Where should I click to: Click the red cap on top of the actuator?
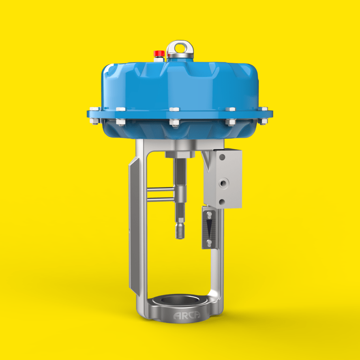[159, 53]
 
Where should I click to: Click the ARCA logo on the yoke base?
[186, 315]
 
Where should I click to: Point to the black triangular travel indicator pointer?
[209, 228]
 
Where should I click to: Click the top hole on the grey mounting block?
[222, 157]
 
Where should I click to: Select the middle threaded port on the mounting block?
[223, 183]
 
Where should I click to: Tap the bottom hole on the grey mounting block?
[222, 202]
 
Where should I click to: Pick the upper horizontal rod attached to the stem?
[161, 189]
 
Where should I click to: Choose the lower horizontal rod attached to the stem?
[160, 200]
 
